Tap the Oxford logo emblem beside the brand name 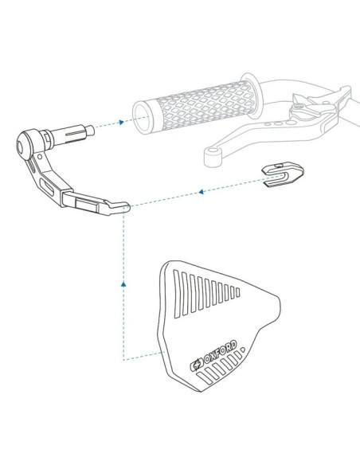pyautogui.click(x=196, y=365)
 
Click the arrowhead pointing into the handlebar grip pyautogui.click(x=121, y=122)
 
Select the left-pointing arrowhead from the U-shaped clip pyautogui.click(x=201, y=192)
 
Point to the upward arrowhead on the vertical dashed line pyautogui.click(x=123, y=284)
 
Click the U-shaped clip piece pyautogui.click(x=283, y=174)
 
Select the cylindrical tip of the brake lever pyautogui.click(x=213, y=156)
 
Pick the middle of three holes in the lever pyautogui.click(x=277, y=123)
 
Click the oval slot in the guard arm pyautogui.click(x=48, y=188)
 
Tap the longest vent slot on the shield pyautogui.click(x=177, y=294)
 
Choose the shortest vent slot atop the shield pyautogui.click(x=237, y=292)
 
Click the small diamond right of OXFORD pyautogui.click(x=243, y=350)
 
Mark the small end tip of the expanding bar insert pyautogui.click(x=90, y=131)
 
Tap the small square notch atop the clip pyautogui.click(x=279, y=165)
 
